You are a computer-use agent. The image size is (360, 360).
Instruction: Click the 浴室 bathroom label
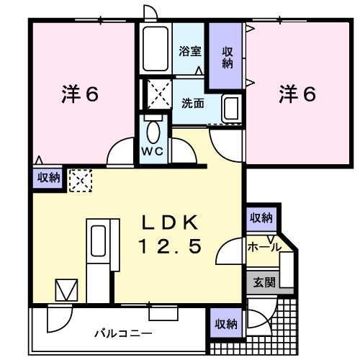click(x=190, y=51)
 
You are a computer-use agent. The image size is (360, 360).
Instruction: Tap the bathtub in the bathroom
click(x=156, y=49)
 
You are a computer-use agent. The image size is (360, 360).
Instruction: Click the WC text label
click(x=152, y=151)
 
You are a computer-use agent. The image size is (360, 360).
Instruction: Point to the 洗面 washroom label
click(x=193, y=103)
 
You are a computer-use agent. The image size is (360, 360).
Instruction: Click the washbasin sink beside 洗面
click(x=232, y=108)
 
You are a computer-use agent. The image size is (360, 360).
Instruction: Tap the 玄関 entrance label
click(x=264, y=282)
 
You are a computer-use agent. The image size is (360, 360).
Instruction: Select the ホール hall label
click(x=264, y=247)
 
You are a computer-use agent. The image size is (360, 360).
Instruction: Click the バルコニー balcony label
click(x=123, y=333)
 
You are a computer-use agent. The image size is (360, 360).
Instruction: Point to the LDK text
click(x=170, y=222)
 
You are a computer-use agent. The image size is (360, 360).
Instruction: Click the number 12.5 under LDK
click(x=170, y=247)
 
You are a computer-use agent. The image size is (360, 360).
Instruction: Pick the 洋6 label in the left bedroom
click(x=80, y=94)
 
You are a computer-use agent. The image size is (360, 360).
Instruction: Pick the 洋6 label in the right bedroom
click(x=297, y=94)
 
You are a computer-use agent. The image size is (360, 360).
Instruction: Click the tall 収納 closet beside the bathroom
click(x=225, y=55)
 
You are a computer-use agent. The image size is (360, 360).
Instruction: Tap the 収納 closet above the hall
click(x=261, y=218)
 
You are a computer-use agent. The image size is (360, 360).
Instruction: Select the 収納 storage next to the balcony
click(x=226, y=323)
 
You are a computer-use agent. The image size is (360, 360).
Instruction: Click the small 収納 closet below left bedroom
click(x=48, y=178)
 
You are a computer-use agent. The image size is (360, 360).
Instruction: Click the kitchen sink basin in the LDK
click(x=98, y=240)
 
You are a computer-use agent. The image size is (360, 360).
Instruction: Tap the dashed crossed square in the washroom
click(x=159, y=94)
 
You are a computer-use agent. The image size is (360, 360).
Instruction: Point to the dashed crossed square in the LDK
click(x=81, y=181)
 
